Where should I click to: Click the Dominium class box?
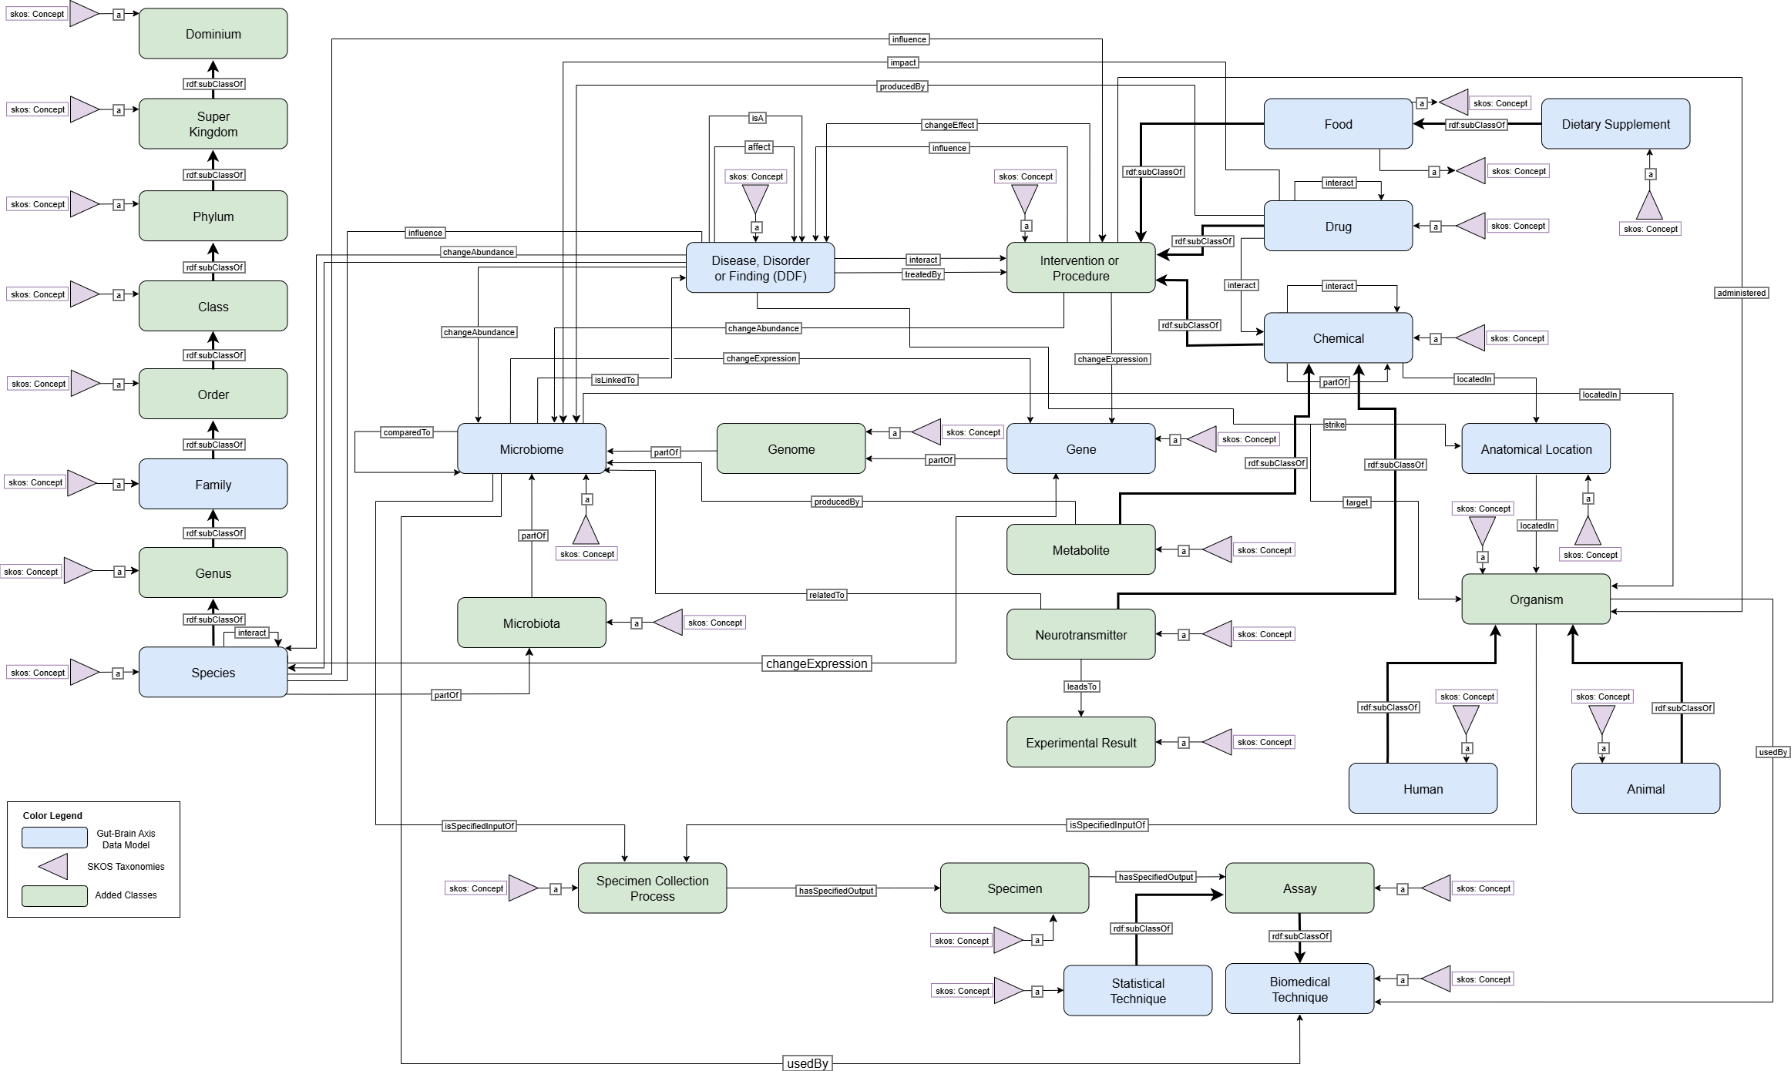click(213, 34)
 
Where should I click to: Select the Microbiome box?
click(531, 449)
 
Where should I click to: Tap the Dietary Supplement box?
click(1615, 124)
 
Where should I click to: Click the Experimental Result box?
click(1080, 743)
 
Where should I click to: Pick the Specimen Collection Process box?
click(652, 888)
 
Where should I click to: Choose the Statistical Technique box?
click(1137, 991)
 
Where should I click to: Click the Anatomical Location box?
click(1535, 449)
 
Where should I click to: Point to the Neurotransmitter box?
click(1080, 635)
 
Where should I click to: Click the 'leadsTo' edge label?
click(1081, 687)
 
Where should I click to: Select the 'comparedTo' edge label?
click(407, 432)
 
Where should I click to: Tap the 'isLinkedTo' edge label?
click(614, 380)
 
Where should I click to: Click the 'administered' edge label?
click(1741, 293)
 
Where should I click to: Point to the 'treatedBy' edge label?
click(922, 274)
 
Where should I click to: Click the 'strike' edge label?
click(1334, 425)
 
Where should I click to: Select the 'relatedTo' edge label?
click(826, 595)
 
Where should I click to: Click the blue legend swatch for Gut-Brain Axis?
click(54, 838)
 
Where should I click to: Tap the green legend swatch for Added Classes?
click(54, 895)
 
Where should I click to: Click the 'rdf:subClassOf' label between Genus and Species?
click(214, 619)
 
